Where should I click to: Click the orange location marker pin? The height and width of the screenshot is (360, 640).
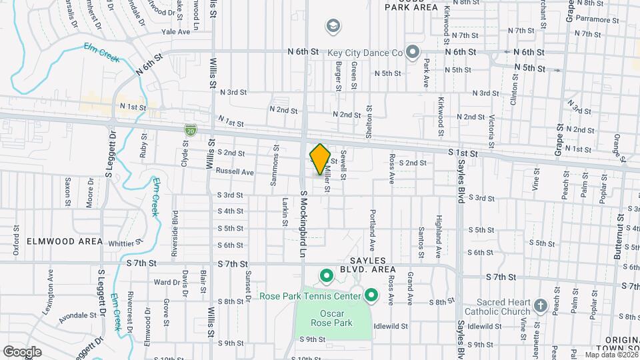point(320,159)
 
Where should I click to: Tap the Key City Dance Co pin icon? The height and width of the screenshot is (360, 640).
point(413,51)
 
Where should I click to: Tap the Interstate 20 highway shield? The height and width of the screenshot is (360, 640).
point(191,131)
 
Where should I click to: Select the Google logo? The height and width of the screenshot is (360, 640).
point(23,351)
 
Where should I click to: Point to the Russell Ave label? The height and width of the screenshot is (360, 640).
point(235,171)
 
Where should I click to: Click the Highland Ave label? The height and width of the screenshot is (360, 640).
point(439,228)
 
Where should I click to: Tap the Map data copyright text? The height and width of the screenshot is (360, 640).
point(611,355)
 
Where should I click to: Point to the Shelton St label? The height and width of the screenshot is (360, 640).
point(369,122)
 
